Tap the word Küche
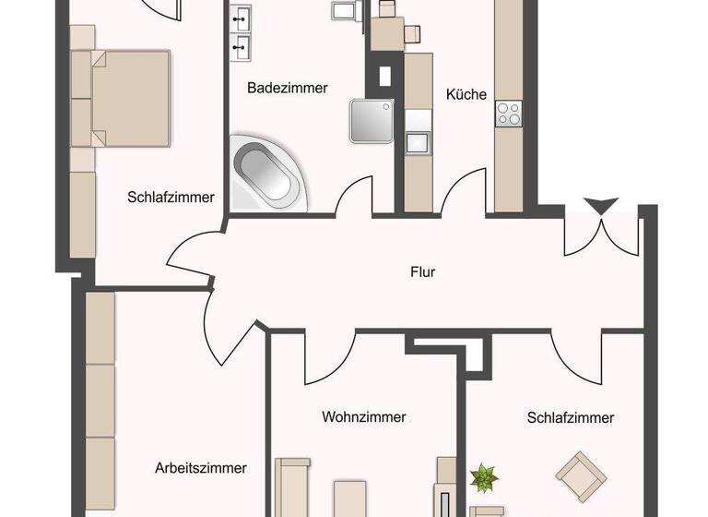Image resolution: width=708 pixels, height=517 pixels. [x=466, y=94]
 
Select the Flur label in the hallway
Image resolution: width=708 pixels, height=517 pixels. [x=423, y=272]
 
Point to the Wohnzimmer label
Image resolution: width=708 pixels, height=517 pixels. [x=364, y=417]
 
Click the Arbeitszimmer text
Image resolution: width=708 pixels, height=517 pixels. [x=201, y=468]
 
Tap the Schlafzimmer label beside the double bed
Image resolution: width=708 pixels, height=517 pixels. [x=171, y=198]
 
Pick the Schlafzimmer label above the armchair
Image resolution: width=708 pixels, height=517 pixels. [x=571, y=418]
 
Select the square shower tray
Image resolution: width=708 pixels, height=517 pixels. [x=370, y=120]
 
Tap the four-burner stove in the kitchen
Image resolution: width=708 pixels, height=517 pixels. [x=509, y=114]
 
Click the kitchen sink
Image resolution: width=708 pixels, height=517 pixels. [x=419, y=144]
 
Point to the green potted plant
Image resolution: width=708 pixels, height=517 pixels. [x=481, y=479]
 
